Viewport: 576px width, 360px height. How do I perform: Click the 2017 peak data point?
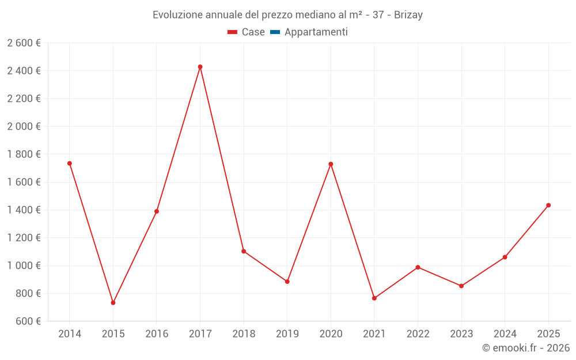point(200,67)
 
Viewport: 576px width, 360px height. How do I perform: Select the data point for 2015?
point(113,303)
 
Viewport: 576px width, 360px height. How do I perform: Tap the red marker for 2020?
point(331,164)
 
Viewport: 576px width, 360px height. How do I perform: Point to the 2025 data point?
point(548,206)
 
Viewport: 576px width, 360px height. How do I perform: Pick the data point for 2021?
point(374,298)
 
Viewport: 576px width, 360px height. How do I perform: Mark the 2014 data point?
point(70,164)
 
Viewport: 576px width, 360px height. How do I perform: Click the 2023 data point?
point(461,286)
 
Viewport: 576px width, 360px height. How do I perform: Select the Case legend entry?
point(246,32)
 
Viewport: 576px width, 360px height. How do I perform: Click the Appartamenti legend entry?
point(309,32)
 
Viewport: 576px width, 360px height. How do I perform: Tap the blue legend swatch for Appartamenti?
point(275,32)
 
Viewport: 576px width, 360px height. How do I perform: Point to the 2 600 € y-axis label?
point(24,43)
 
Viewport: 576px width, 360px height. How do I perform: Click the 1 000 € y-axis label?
point(24,265)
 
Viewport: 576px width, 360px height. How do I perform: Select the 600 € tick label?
point(28,321)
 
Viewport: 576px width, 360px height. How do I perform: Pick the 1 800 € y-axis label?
point(24,154)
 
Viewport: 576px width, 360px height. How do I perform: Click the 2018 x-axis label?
point(244,334)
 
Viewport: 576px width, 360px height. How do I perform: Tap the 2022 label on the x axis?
point(418,334)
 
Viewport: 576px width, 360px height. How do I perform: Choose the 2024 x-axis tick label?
point(505,334)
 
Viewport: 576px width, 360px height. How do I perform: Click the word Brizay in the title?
point(408,15)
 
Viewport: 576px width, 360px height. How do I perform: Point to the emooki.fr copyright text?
point(526,347)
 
